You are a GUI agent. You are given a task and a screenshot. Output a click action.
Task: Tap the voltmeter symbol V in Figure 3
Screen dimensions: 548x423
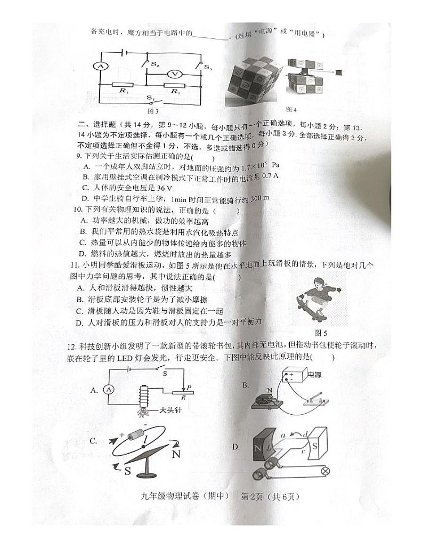tap(172, 74)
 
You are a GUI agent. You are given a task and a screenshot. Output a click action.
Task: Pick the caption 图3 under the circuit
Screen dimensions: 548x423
tap(153, 111)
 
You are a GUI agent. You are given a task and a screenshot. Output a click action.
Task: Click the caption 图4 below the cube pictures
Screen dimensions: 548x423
tap(291, 109)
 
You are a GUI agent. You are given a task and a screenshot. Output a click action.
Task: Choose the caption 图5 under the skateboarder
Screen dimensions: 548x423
tap(320, 334)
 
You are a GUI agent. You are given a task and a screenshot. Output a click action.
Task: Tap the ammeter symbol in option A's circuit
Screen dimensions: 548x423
tap(109, 390)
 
